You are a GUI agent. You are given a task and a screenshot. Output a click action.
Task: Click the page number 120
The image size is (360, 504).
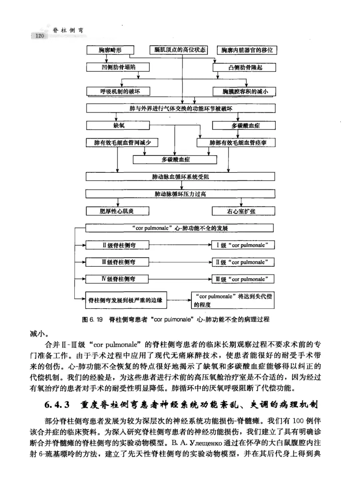39,36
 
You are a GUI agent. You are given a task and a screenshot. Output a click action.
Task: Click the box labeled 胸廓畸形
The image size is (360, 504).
110,50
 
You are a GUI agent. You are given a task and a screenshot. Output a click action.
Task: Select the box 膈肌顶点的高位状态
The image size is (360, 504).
179,50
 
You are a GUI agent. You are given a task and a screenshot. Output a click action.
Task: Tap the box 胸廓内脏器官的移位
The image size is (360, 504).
247,50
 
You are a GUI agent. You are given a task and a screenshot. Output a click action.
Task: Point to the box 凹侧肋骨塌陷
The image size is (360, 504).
118,67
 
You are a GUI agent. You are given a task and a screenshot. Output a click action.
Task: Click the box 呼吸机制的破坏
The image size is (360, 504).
118,91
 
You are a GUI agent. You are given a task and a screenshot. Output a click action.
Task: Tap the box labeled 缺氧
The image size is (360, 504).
118,125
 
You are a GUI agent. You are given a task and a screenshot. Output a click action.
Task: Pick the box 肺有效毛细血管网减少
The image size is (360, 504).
122,143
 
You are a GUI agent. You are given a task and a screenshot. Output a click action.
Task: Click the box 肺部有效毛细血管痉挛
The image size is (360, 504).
236,143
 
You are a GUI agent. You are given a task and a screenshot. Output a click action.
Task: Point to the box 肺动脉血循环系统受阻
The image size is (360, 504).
180,177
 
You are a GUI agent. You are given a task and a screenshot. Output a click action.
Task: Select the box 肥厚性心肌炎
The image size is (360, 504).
117,211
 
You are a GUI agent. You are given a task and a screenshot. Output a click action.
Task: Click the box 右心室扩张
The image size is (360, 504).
243,211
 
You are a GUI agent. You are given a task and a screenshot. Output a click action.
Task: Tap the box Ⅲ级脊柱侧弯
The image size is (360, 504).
117,262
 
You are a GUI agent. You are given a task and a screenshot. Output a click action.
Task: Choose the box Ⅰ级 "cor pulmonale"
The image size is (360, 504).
243,245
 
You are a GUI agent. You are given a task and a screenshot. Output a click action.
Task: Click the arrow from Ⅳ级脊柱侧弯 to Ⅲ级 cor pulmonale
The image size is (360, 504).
180,279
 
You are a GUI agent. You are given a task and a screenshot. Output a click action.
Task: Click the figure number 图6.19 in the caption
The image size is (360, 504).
92,320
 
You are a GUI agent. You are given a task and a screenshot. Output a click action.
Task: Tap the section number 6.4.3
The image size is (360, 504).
57,405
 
